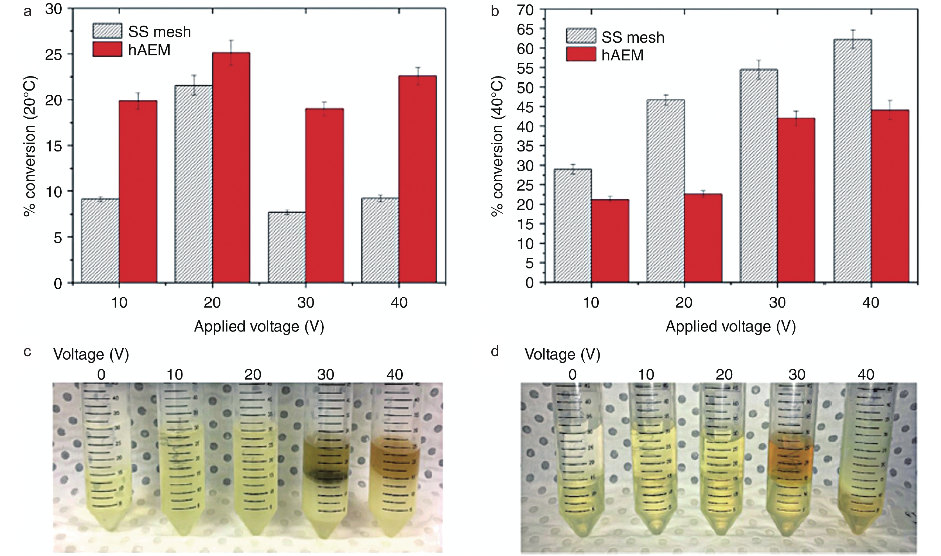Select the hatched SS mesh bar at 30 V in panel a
[287, 247]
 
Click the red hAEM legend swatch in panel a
[107, 49]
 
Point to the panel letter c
[27, 352]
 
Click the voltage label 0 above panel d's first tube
[572, 374]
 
